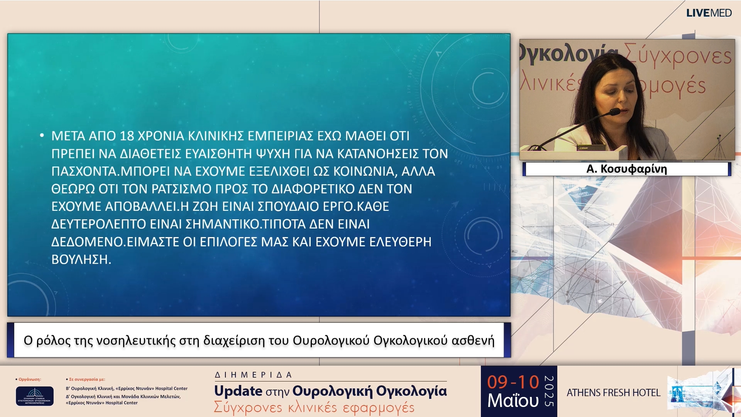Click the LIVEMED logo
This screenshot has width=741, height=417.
tap(709, 13)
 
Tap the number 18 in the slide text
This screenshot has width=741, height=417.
tap(127, 136)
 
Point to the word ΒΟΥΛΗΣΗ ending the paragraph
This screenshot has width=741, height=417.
tap(81, 259)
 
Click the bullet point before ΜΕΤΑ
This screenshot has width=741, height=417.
tap(42, 135)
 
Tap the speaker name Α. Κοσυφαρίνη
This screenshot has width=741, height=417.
tap(626, 169)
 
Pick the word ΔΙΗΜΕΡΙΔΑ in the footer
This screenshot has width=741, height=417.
tap(253, 375)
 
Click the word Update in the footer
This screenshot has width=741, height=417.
tap(238, 391)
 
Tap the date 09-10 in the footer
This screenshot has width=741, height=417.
tap(513, 382)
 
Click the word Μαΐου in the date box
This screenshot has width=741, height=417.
tap(513, 401)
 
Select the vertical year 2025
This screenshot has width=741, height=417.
tap(549, 391)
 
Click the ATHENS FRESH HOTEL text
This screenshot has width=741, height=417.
tap(613, 393)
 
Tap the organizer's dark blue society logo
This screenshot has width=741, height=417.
tap(35, 396)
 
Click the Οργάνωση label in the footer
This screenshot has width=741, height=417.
tap(29, 379)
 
